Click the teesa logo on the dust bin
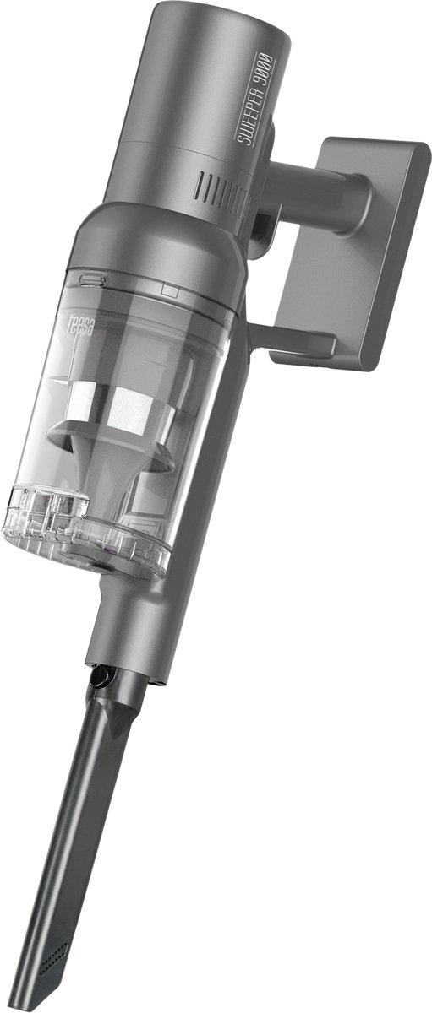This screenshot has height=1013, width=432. (x=81, y=326)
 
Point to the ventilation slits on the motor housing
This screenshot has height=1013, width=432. (x=221, y=187)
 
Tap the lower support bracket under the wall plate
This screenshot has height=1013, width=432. (x=292, y=339)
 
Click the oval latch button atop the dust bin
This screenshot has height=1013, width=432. (x=92, y=279)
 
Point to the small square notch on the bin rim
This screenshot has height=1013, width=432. (x=170, y=290)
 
